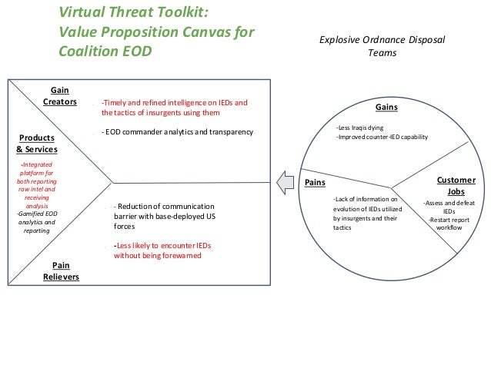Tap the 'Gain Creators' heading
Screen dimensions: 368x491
59,96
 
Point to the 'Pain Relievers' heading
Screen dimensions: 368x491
61,270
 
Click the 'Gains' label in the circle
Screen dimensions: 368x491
386,108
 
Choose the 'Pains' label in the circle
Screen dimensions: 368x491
316,182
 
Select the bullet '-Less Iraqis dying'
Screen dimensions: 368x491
360,127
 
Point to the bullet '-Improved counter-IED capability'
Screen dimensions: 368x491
382,137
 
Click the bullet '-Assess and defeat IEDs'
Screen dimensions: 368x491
449,207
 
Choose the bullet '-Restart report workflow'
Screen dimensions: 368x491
449,224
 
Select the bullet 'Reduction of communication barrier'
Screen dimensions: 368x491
164,217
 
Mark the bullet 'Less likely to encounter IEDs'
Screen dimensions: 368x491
162,251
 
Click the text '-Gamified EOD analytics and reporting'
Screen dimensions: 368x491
36,221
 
